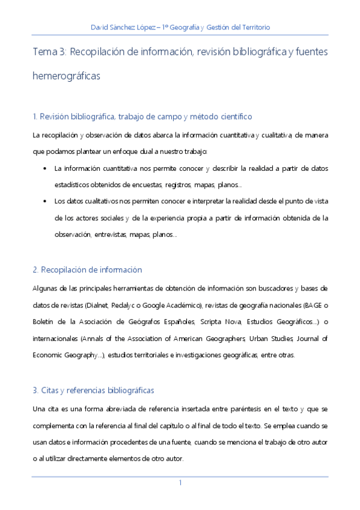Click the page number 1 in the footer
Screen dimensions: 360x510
pos(180,483)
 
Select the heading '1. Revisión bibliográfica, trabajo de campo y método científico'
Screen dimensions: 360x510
pos(142,116)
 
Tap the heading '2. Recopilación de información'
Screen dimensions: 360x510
pos(87,269)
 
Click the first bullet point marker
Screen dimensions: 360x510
pos(46,168)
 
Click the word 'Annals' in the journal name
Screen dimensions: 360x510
pos(97,339)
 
